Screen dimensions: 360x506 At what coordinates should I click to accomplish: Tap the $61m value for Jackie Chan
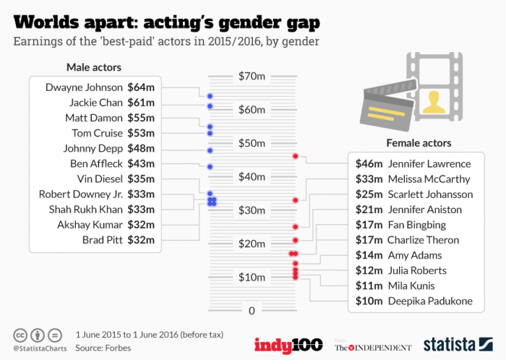click(141, 103)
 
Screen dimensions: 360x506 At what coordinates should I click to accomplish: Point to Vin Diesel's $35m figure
click(141, 179)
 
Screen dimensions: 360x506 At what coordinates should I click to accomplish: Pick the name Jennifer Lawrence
click(429, 163)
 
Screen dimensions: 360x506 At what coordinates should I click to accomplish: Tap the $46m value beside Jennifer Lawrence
click(369, 163)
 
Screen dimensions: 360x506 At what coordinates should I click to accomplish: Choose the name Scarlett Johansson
click(430, 194)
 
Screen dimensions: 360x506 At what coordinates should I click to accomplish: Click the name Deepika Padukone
click(430, 301)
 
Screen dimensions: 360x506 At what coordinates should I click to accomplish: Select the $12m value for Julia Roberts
click(369, 270)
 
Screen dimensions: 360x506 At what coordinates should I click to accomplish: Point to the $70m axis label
click(252, 76)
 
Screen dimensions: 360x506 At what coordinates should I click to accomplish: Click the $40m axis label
click(252, 176)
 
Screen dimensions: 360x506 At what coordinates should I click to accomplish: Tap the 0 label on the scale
click(252, 311)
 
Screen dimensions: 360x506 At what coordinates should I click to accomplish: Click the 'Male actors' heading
click(94, 68)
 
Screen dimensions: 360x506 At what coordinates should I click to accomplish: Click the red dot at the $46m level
click(295, 156)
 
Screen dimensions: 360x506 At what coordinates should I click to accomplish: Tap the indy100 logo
click(287, 344)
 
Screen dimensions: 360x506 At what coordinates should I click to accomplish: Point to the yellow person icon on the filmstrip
click(434, 101)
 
